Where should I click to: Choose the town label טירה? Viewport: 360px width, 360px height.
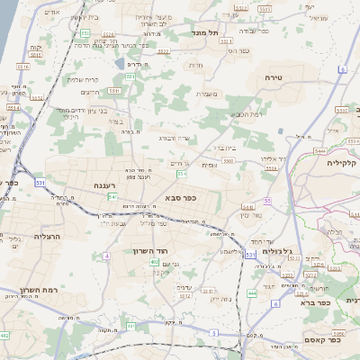[x=274, y=78]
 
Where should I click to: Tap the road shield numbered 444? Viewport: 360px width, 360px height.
[x=252, y=292]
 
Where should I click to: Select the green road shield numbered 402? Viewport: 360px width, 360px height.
[x=155, y=262]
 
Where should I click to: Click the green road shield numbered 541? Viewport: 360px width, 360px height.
[x=112, y=196]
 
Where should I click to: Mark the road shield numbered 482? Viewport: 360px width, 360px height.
[x=4, y=335]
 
